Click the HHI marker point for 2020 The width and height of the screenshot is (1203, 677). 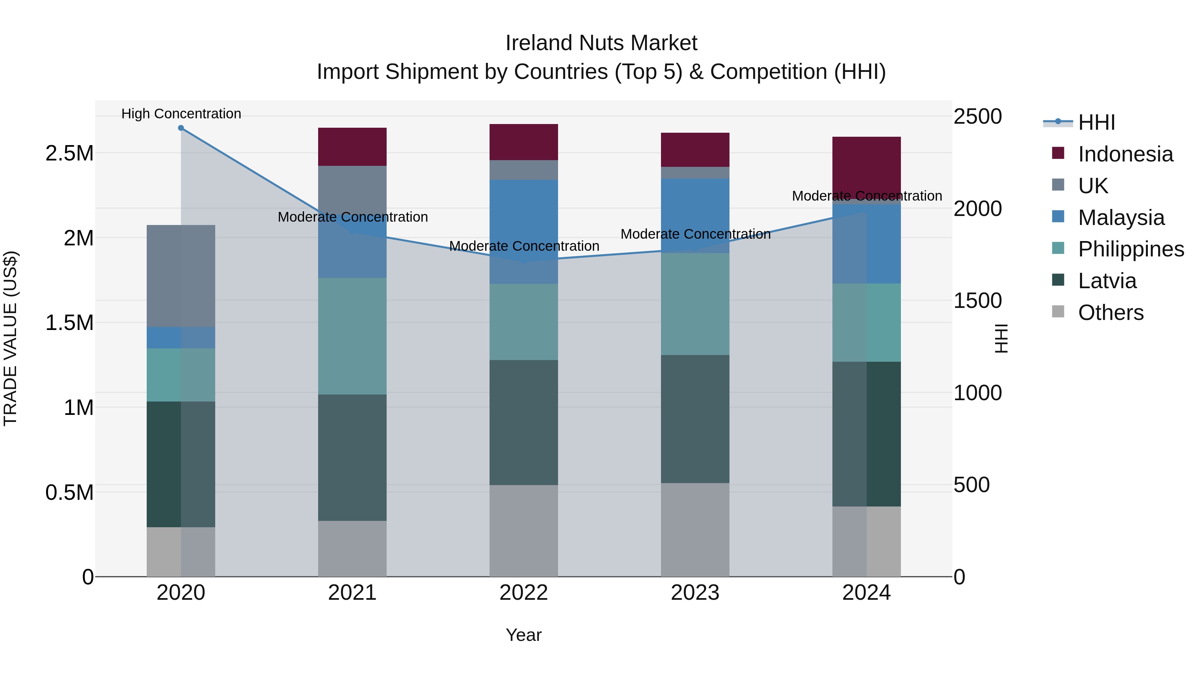point(181,128)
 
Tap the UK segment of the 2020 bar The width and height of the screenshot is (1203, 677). point(181,276)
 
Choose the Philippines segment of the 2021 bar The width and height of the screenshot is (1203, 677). point(352,336)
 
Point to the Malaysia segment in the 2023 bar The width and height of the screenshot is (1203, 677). point(695,215)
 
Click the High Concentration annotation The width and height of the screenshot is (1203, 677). point(181,114)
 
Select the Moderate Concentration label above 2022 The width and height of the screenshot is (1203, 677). point(524,246)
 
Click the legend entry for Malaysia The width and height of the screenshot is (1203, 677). point(1121,218)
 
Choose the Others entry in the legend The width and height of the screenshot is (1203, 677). point(1110,313)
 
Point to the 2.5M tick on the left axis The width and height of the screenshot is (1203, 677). point(69,153)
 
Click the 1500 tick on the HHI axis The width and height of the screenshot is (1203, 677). point(977,301)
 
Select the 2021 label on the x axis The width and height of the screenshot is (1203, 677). point(352,592)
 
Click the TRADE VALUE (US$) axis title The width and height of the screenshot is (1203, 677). point(10,338)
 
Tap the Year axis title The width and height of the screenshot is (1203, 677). point(524,635)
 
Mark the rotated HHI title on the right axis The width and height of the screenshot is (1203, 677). point(1001,338)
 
